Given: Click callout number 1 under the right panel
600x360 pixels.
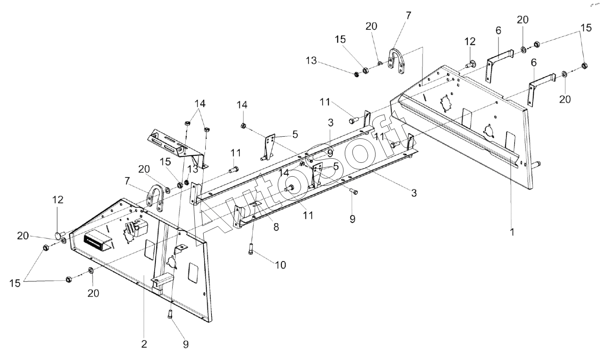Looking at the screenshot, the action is point(512,232).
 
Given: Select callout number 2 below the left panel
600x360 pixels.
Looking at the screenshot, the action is point(144,344).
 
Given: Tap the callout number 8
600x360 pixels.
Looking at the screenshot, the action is point(276,227).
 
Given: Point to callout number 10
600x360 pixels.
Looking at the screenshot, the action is point(281,265).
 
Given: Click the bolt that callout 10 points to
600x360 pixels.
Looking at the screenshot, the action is point(251,249).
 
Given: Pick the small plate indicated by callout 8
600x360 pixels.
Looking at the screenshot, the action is point(256,205).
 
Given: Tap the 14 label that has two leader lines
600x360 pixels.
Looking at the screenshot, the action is point(200,103).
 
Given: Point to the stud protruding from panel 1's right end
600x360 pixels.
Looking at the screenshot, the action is point(537,164).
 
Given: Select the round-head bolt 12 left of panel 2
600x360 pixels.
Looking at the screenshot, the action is point(60,235).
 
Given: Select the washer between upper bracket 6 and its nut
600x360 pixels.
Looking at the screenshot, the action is point(523,49).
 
